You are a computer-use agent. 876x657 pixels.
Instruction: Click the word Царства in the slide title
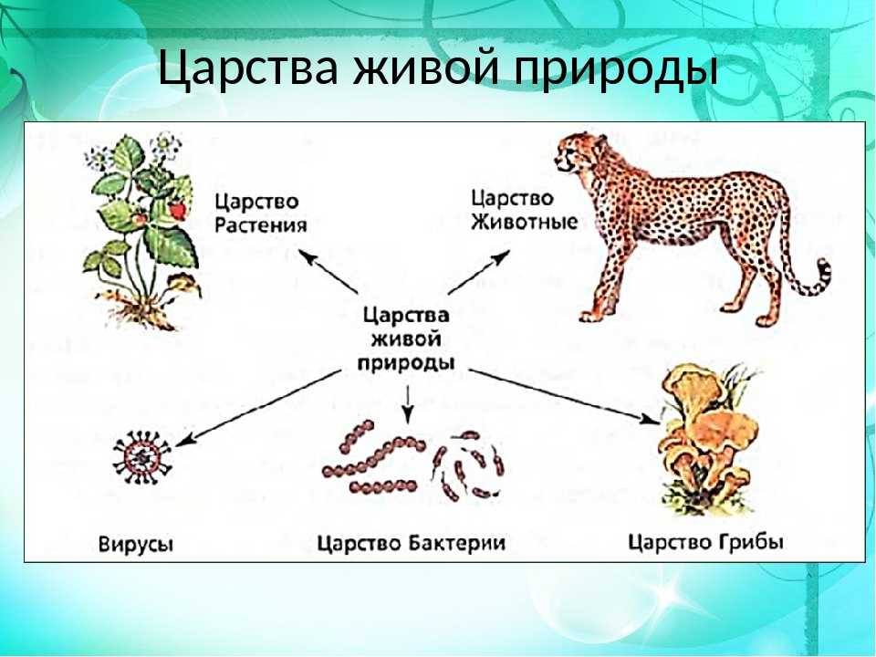[x=248, y=68]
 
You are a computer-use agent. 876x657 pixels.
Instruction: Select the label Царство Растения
[x=261, y=213]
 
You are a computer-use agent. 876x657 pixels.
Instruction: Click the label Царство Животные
[x=524, y=210]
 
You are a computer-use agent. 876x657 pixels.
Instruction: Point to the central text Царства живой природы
[x=405, y=339]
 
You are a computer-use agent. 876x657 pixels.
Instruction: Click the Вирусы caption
[x=136, y=544]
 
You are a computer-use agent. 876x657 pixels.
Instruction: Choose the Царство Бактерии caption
[x=412, y=543]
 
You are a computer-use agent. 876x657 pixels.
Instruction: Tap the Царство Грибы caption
[x=705, y=541]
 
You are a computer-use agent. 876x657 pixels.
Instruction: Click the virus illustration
[x=142, y=457]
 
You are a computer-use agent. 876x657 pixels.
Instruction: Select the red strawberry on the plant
[x=177, y=210]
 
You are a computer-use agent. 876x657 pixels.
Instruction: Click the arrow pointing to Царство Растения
[x=328, y=272]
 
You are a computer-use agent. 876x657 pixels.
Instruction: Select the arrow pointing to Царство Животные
[x=479, y=272]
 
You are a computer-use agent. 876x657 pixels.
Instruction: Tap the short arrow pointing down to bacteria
[x=409, y=404]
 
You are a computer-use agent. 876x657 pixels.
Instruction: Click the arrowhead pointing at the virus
[x=184, y=439]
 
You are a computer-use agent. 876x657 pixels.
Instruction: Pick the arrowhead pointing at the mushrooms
[x=650, y=420]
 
